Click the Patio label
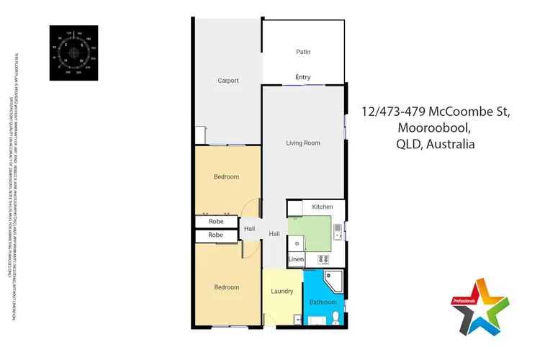tap(303, 52)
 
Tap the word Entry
tap(303, 77)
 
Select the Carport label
tap(228, 81)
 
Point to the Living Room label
tap(303, 143)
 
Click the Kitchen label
tap(322, 207)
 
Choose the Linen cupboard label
tap(296, 258)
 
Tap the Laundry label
tap(282, 292)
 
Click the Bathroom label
tap(323, 302)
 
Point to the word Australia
tap(450, 144)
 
